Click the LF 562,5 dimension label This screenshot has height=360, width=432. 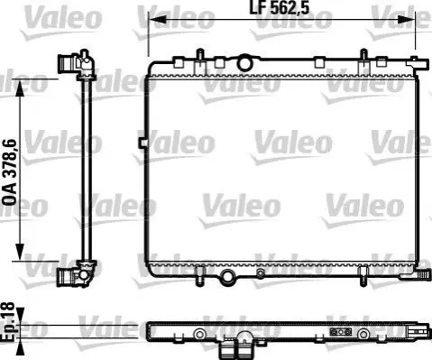(280, 8)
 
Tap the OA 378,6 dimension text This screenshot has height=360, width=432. (10, 172)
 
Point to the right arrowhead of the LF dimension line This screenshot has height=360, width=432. (407, 20)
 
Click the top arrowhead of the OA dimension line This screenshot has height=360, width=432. (20, 88)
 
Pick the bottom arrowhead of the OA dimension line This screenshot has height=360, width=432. (20, 252)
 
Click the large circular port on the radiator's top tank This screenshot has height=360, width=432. (244, 63)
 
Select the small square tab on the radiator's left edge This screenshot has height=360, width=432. (142, 143)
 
